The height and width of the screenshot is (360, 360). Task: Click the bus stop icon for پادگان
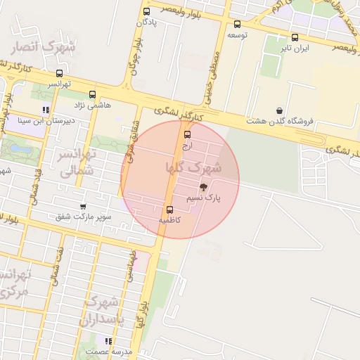tap(146, 12)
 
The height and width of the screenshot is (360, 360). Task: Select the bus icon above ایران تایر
tap(295, 38)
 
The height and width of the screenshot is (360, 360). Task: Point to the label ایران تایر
tap(295, 49)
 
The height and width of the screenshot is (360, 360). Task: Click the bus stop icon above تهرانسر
tap(59, 73)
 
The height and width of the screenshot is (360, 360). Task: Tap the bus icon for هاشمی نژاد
tap(92, 94)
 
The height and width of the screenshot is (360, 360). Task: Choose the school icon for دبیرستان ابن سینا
tap(46, 110)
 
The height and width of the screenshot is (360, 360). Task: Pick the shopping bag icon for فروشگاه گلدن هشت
tap(280, 111)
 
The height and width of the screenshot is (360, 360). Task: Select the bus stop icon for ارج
tap(187, 134)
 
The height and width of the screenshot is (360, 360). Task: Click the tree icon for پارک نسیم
tap(204, 187)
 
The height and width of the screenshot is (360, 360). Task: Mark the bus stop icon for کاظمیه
tap(169, 210)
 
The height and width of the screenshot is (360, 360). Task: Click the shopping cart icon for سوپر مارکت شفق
tap(84, 207)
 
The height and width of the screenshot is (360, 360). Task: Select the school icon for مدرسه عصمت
tap(108, 341)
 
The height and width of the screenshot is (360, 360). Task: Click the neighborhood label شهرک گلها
tap(193, 167)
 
